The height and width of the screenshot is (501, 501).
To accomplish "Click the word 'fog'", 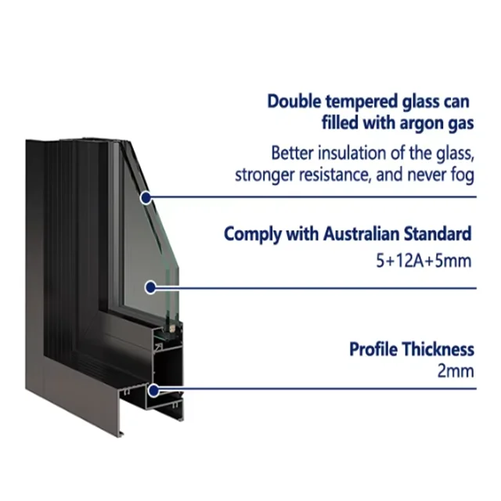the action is pyautogui.click(x=462, y=175).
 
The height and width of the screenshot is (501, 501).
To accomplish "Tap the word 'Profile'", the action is pyautogui.click(x=374, y=349).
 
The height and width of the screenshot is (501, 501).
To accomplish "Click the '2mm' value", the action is pyautogui.click(x=456, y=371).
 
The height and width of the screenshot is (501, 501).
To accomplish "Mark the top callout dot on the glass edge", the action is pyautogui.click(x=145, y=198).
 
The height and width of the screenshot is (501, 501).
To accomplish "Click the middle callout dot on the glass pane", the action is pyautogui.click(x=151, y=287).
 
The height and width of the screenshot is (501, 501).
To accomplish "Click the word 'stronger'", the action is pyautogui.click(x=263, y=175).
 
